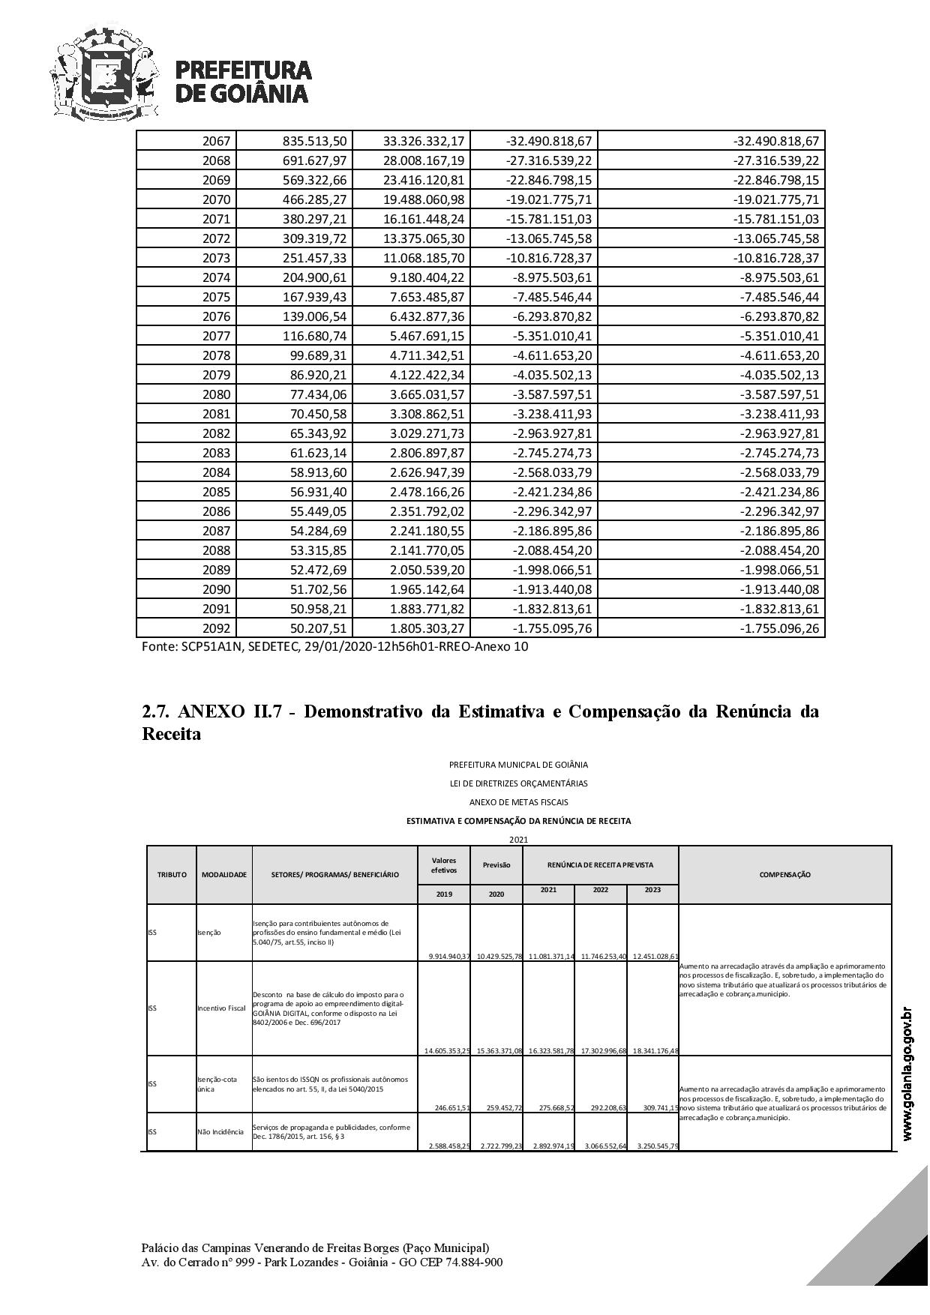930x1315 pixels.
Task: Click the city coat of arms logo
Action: click(105, 73)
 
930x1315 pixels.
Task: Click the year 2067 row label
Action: click(217, 141)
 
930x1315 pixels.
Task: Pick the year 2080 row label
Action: click(217, 394)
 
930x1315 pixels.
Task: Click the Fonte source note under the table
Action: click(334, 646)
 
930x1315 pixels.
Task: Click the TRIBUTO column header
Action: click(172, 874)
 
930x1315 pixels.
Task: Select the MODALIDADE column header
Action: click(224, 874)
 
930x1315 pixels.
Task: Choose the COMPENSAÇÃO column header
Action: click(784, 874)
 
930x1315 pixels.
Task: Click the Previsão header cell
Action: click(496, 864)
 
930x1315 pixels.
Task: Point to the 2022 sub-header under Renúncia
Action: click(600, 890)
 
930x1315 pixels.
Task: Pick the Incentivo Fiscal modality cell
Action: click(222, 1008)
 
